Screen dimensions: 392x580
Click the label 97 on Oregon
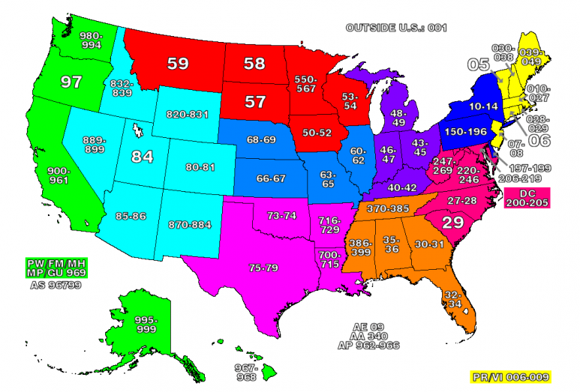click(x=71, y=82)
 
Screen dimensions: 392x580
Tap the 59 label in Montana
click(x=178, y=64)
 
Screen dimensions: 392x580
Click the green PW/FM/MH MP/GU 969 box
click(x=56, y=268)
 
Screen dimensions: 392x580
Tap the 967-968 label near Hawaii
click(x=248, y=372)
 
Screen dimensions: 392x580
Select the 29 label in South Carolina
click(x=451, y=222)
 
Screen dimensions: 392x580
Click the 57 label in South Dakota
click(x=256, y=102)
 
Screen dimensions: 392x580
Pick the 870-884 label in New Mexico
click(x=191, y=224)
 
